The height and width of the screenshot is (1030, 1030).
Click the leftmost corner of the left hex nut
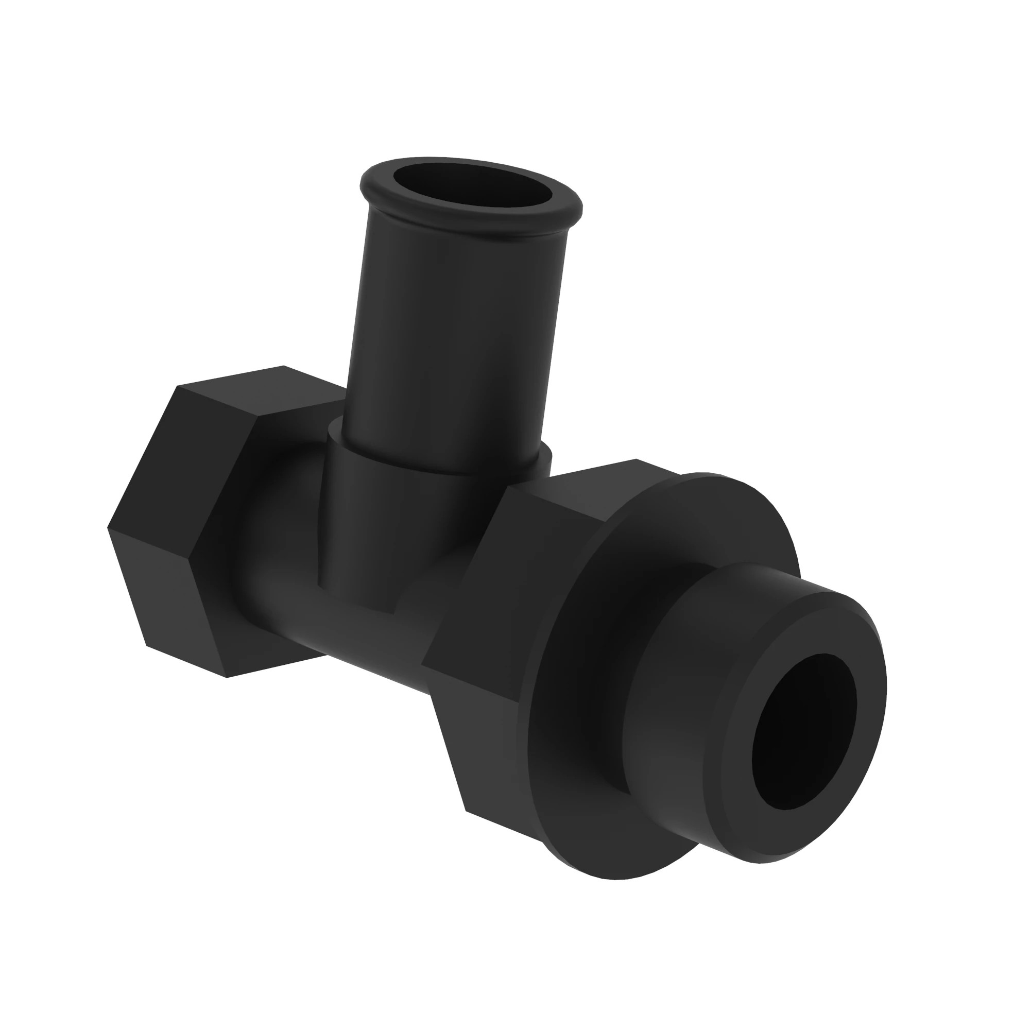pos(109,528)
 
